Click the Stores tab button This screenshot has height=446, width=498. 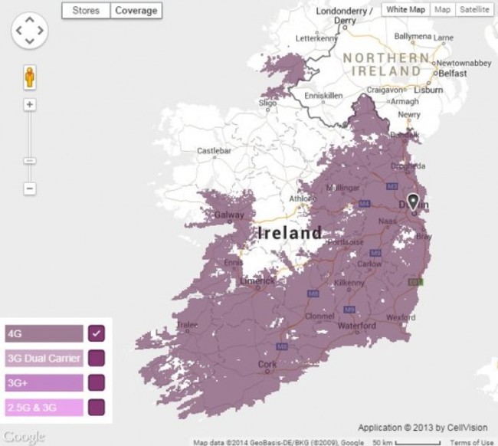86,11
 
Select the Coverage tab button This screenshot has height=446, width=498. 136,11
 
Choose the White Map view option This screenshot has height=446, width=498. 405,9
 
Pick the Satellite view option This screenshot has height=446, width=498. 475,9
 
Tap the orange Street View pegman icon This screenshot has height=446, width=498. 30,77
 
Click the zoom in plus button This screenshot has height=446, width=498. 30,105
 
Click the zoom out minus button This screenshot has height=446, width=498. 30,188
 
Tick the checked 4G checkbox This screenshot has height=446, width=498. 97,333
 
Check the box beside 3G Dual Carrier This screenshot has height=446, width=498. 97,358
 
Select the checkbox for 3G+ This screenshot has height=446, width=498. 97,382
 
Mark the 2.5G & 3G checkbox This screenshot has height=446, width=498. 97,406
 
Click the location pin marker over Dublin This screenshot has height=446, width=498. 414,202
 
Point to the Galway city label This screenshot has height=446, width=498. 230,215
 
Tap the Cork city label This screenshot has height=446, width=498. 267,365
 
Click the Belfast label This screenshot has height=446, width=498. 452,74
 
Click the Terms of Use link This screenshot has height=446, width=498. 472,442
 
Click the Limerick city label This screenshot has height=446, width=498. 257,281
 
